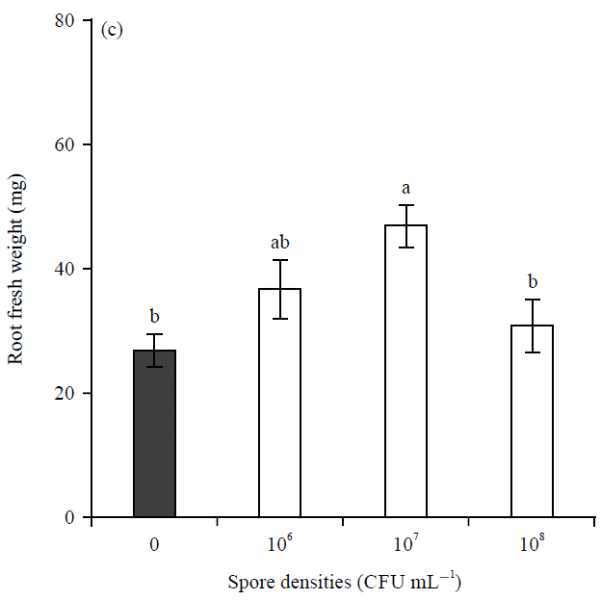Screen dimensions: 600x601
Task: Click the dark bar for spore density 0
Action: pyautogui.click(x=154, y=433)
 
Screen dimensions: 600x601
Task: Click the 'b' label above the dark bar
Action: pyautogui.click(x=154, y=316)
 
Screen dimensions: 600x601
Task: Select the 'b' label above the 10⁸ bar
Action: pyautogui.click(x=532, y=282)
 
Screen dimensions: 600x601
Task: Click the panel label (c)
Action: pyautogui.click(x=111, y=30)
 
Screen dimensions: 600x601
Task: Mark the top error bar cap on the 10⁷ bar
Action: pyautogui.click(x=405, y=205)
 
